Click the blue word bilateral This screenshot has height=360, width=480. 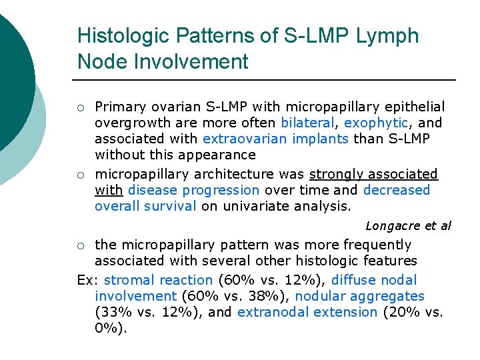coord(307,123)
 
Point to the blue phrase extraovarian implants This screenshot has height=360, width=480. coord(275,139)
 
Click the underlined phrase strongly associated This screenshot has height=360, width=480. coord(373,174)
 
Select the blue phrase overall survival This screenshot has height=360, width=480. coord(145,206)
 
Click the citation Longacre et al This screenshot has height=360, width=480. coord(408,226)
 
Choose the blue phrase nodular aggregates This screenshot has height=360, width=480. coord(359,296)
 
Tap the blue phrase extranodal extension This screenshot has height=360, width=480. coord(307,312)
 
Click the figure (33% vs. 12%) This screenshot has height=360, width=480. coord(149,312)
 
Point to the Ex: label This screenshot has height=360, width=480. coord(87,280)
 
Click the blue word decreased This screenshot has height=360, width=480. coord(397,190)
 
